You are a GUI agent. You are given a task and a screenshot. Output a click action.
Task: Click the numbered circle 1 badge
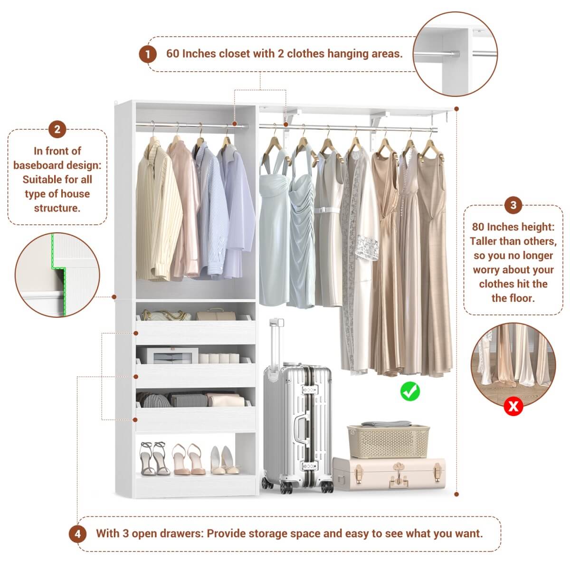[148, 54]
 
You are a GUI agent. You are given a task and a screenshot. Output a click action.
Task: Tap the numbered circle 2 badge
[57, 129]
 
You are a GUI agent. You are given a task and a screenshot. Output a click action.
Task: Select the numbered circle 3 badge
[513, 205]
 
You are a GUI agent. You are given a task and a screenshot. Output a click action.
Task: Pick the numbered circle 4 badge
[77, 534]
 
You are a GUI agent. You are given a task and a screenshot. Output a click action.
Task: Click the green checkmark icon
[410, 391]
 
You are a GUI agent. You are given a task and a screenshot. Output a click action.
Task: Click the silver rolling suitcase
[297, 427]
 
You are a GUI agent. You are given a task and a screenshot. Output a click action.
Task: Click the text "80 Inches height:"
[513, 227]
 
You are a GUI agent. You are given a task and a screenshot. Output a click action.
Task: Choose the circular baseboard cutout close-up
[57, 275]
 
